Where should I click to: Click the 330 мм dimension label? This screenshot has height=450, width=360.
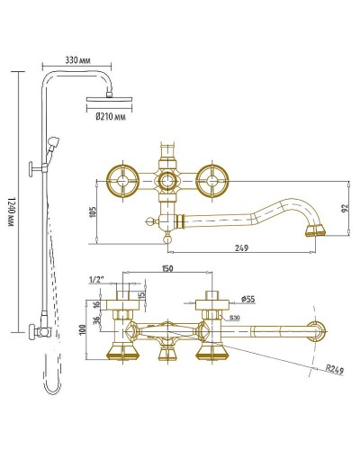click(x=77, y=60)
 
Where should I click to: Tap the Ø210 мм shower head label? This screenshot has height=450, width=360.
click(x=111, y=116)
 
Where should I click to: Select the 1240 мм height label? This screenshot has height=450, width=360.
click(x=12, y=213)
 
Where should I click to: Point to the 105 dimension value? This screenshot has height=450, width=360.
click(x=94, y=211)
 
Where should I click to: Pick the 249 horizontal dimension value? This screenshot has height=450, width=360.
click(x=242, y=248)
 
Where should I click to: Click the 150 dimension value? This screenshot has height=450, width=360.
click(x=167, y=268)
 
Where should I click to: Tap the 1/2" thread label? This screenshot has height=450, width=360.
click(x=96, y=280)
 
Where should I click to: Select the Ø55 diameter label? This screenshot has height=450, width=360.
click(x=248, y=299)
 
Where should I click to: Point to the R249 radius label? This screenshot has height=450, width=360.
click(x=335, y=370)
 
